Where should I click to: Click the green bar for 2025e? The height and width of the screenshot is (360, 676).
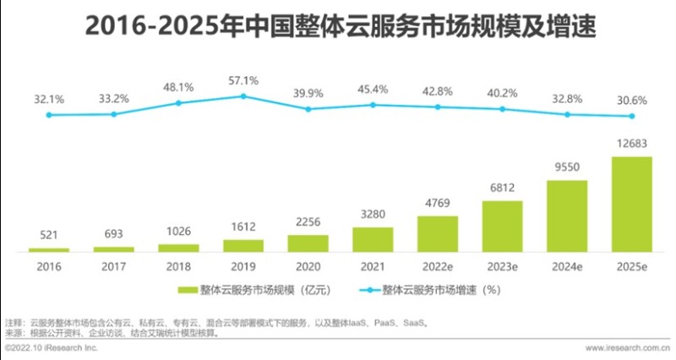click(x=631, y=204)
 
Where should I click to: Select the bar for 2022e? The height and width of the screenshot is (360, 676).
click(x=438, y=233)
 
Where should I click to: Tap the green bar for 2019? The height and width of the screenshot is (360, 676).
click(x=243, y=245)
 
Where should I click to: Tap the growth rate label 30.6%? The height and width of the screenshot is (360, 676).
click(x=631, y=100)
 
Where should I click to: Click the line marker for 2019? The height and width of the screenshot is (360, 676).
click(x=243, y=96)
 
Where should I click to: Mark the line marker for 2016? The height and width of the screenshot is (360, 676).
click(x=49, y=115)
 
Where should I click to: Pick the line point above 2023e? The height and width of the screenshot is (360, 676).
click(x=502, y=109)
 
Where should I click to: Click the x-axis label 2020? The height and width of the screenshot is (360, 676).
click(x=308, y=265)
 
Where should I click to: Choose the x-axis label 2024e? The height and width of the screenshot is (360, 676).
click(x=566, y=265)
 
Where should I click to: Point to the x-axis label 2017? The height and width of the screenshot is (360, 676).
click(x=113, y=265)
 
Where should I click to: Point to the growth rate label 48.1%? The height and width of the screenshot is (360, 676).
click(x=178, y=86)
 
